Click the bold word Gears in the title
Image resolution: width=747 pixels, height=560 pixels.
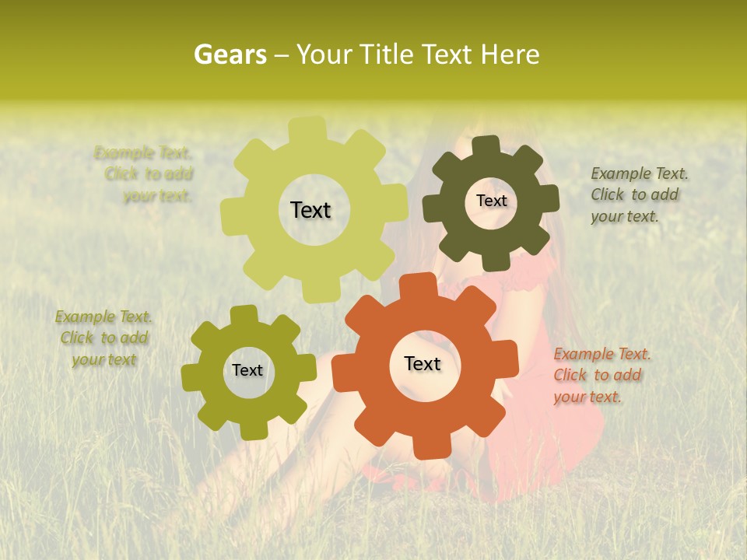coord(230,55)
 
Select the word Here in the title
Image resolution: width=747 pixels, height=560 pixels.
coord(510,55)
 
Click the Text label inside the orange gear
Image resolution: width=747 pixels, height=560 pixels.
coord(423,364)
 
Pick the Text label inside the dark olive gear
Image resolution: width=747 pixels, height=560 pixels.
coord(491,201)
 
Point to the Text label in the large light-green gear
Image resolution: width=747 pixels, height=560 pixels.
coord(310,210)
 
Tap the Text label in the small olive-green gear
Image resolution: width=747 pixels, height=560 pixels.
coord(247,371)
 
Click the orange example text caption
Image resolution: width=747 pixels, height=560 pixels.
coord(601,375)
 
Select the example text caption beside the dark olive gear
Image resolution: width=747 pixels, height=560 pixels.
coord(639,194)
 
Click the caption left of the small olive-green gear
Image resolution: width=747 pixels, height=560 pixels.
coord(104,338)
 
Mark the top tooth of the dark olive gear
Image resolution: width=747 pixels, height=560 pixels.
coord(486,147)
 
